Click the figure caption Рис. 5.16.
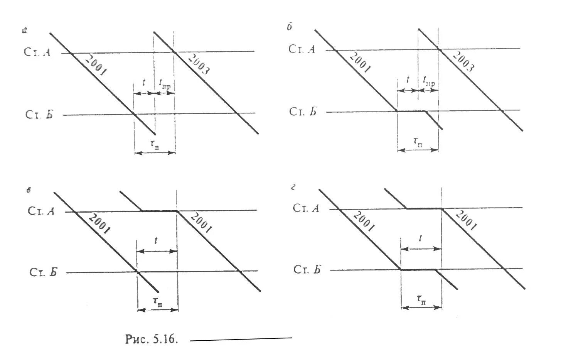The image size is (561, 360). click(152, 339)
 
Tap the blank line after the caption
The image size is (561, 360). click(241, 339)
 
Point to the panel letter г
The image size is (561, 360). click(293, 188)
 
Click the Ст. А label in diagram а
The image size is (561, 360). click(37, 52)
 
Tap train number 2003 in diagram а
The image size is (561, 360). click(199, 64)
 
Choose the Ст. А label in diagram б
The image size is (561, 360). click(302, 49)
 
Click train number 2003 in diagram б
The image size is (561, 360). click(463, 61)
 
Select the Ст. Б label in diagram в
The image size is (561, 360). click(43, 272)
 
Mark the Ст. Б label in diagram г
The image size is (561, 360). click(307, 269)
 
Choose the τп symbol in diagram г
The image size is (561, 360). click(421, 299)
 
